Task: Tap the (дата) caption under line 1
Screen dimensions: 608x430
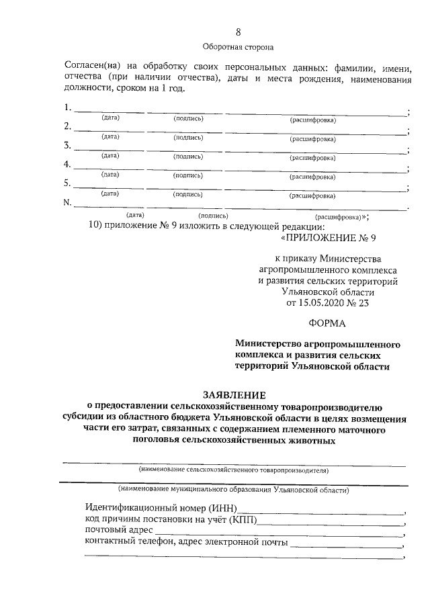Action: (110, 118)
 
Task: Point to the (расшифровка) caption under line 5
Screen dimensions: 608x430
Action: (312, 196)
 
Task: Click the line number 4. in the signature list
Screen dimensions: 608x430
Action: (67, 165)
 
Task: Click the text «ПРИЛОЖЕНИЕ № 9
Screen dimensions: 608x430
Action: (329, 238)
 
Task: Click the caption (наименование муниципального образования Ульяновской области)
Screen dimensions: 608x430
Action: (233, 490)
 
